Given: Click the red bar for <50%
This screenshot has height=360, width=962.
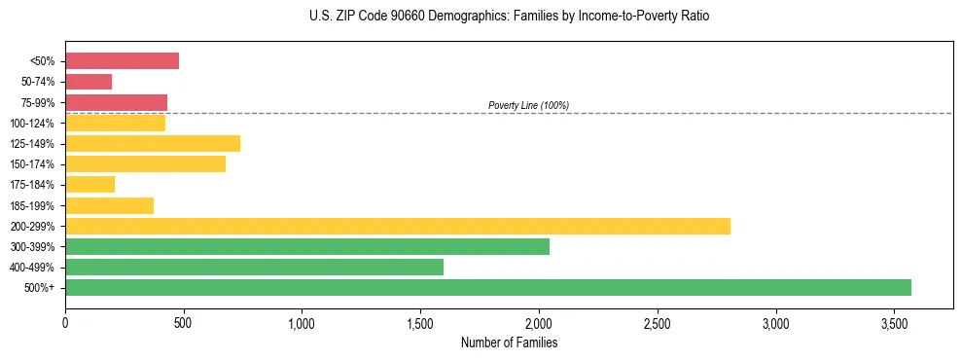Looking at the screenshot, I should point(122,61).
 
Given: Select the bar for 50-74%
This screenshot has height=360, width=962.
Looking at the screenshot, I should point(89,82).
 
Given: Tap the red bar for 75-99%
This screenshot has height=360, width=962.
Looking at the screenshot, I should point(116,102).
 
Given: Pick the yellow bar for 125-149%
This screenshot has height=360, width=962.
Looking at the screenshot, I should point(153,144).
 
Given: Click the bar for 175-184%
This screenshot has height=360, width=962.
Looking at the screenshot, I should point(89,185).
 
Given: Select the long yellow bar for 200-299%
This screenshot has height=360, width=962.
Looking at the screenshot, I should point(398,226).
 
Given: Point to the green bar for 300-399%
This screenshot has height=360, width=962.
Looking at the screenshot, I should point(307,246).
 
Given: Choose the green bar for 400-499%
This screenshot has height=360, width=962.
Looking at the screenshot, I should point(254,267).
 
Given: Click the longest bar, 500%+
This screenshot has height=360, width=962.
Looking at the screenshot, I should point(488,287).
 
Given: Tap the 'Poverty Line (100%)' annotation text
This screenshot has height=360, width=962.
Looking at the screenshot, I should point(528,105).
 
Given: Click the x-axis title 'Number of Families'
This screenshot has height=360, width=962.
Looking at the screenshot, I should point(509,342).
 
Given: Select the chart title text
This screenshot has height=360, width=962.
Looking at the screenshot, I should point(509,17).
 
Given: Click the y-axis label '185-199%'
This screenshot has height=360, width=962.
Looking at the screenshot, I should point(38,205).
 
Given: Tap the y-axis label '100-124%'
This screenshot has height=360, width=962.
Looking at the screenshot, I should point(38,124).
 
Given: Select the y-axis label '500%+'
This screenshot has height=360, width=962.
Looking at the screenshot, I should point(43,288).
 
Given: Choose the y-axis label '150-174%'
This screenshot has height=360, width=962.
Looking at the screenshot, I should point(38,164).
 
